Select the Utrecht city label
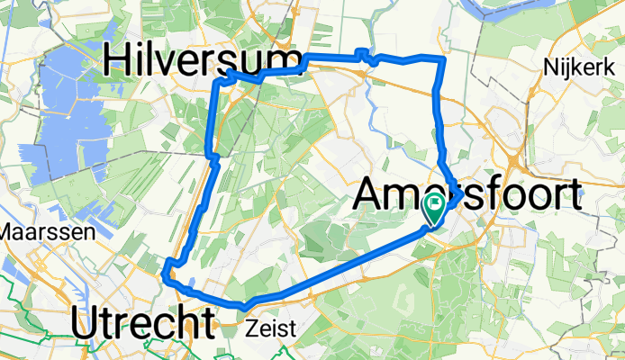pos(143,323)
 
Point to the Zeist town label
pos(270,329)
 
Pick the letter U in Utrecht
pos(83,323)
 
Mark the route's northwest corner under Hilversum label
pos(219,81)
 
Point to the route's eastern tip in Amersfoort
pos(460,192)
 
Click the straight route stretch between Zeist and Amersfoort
pos(342,269)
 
